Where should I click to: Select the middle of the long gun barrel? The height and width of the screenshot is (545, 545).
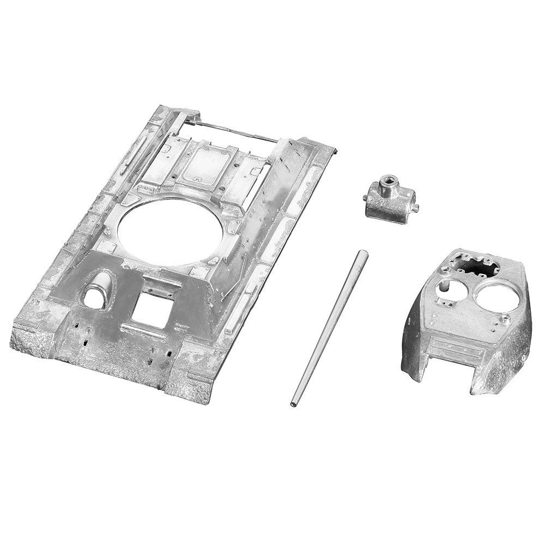(x=329, y=329)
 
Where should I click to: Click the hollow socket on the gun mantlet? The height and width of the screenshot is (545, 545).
(x=388, y=181)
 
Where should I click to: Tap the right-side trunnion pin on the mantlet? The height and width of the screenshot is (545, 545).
(x=415, y=208)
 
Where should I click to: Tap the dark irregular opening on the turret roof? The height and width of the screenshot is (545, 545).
(x=478, y=267)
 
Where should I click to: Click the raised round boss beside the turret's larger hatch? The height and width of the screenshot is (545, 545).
(x=506, y=320)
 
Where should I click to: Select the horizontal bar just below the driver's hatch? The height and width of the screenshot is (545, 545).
(x=143, y=330)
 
